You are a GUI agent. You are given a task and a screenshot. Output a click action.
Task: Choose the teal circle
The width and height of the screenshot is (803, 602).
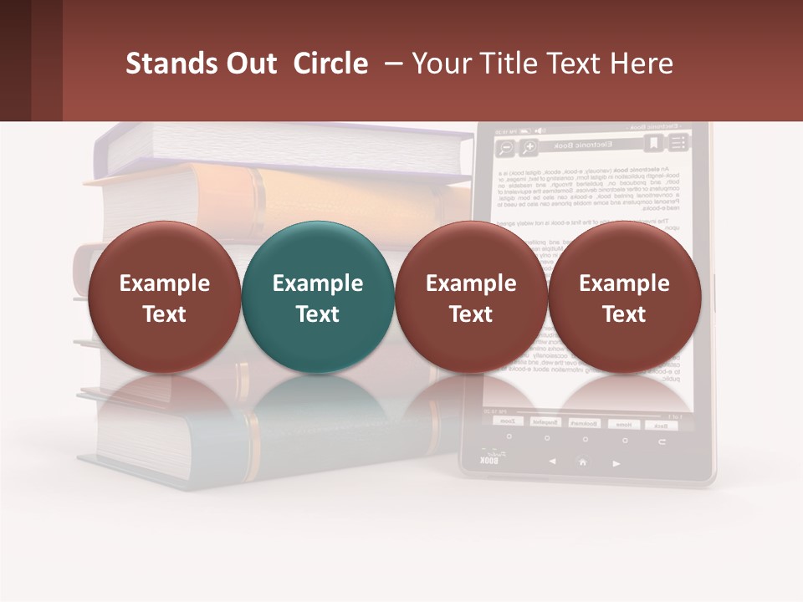point(317,297)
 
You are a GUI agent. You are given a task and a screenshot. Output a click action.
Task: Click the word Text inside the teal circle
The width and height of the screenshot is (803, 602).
point(318,314)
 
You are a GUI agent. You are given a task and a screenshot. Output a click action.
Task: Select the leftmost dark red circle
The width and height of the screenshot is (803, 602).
point(164,297)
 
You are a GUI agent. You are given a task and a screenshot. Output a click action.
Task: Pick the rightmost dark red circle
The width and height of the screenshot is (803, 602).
point(624,297)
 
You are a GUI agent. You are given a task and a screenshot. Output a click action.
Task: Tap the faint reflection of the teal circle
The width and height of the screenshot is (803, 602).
point(317,397)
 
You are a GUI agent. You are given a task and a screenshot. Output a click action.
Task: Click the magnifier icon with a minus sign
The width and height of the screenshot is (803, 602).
point(505,149)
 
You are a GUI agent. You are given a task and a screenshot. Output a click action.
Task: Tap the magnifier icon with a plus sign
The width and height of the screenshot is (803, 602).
point(529,148)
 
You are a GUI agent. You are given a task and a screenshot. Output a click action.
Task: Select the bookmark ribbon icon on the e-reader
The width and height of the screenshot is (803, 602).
point(652,144)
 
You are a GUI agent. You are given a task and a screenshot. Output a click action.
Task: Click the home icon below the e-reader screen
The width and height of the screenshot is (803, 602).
point(582,462)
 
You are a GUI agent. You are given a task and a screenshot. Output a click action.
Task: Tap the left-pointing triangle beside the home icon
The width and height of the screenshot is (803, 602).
point(552,461)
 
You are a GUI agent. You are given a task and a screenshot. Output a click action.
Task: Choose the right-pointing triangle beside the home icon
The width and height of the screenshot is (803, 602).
point(616,462)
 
